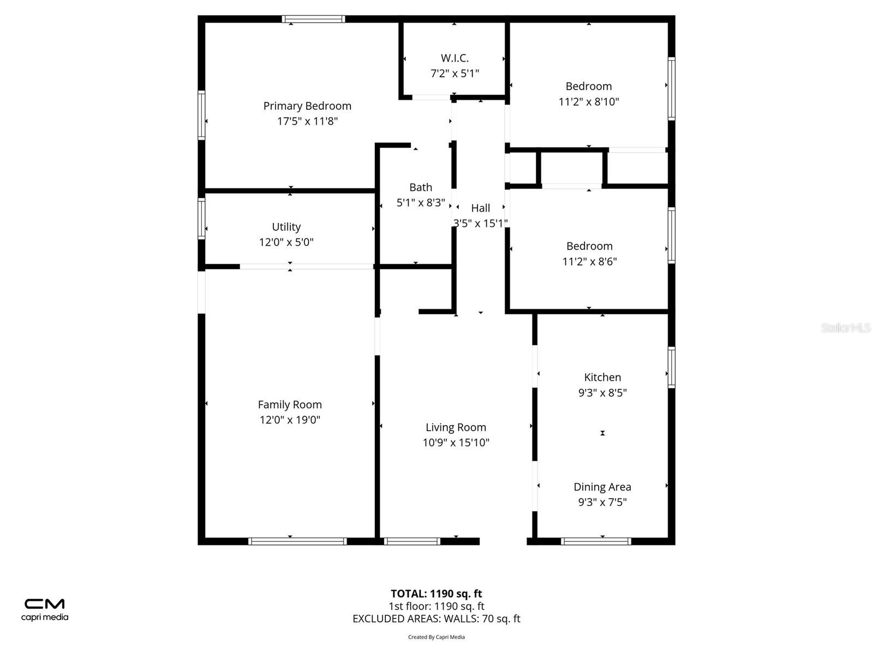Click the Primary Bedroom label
pyautogui.click(x=307, y=106)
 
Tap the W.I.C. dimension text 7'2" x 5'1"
pyautogui.click(x=455, y=73)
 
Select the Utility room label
pyautogui.click(x=286, y=227)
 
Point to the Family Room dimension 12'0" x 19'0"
pyautogui.click(x=290, y=420)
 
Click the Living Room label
pyautogui.click(x=456, y=427)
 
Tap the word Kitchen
pyautogui.click(x=602, y=377)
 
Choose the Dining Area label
pyautogui.click(x=602, y=487)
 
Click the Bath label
pyautogui.click(x=421, y=187)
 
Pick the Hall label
pyautogui.click(x=481, y=208)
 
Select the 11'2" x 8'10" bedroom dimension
pyautogui.click(x=589, y=102)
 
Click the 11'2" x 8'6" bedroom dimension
pyautogui.click(x=589, y=261)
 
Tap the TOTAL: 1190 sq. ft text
pyautogui.click(x=436, y=593)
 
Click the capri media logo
pyautogui.click(x=45, y=609)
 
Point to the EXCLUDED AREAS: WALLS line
pyautogui.click(x=436, y=618)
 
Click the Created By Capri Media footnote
pyautogui.click(x=436, y=637)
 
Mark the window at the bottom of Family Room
pyautogui.click(x=297, y=541)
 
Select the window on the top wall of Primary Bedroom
pyautogui.click(x=314, y=19)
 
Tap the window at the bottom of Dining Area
pyautogui.click(x=596, y=541)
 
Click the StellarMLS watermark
pyautogui.click(x=846, y=327)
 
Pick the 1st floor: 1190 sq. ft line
pyautogui.click(x=436, y=606)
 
